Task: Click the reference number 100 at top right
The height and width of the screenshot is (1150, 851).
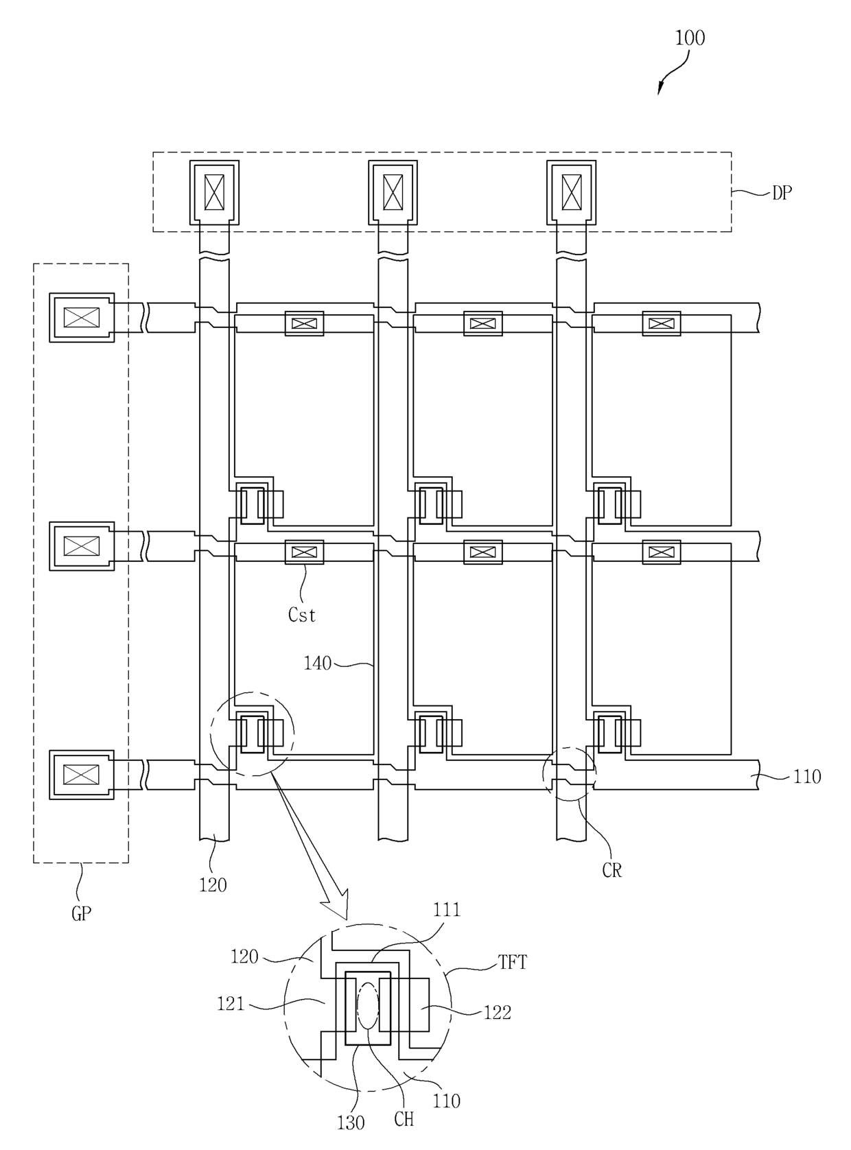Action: [689, 38]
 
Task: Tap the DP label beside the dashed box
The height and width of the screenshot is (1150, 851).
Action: [782, 193]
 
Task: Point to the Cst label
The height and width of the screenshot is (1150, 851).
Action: [302, 615]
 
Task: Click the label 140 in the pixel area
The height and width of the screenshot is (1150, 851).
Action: [317, 663]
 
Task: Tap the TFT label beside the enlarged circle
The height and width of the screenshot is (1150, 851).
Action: [513, 962]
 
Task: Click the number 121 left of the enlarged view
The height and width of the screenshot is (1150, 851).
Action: [231, 1004]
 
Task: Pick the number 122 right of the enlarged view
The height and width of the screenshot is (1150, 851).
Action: [498, 1012]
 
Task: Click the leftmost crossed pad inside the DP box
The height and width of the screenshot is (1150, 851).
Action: [214, 192]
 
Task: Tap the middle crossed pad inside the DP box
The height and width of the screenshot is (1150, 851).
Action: [393, 192]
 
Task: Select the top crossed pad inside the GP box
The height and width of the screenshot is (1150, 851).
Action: [82, 317]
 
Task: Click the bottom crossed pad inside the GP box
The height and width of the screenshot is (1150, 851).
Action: [82, 775]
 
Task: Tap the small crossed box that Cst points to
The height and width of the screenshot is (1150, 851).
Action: [305, 552]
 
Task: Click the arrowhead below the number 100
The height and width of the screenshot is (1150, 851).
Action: [661, 88]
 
